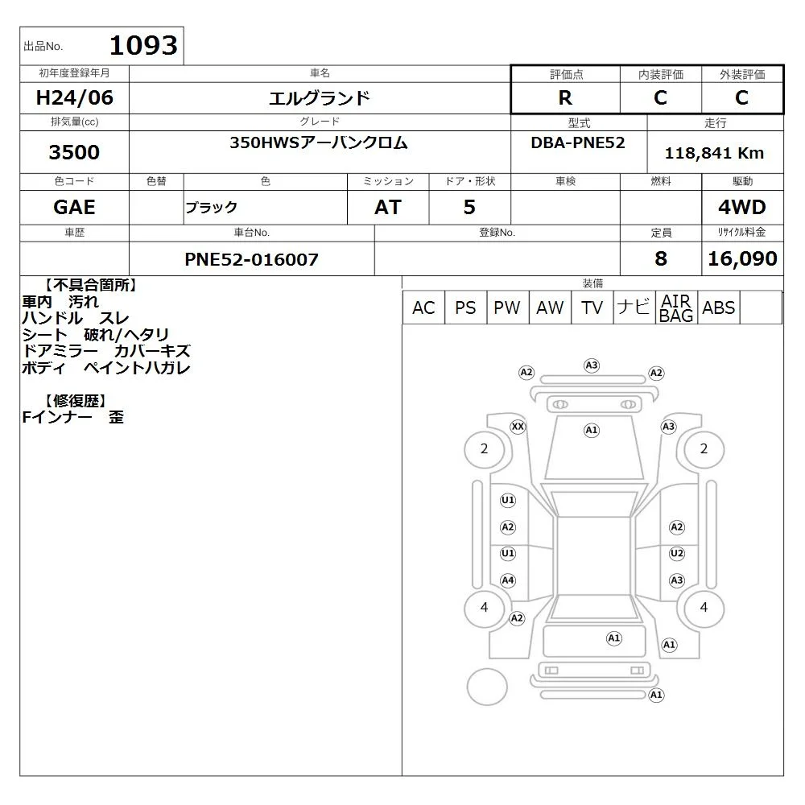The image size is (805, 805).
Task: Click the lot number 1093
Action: [x=143, y=45]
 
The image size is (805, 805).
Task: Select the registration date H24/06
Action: [x=74, y=97]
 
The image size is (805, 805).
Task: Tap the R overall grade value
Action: [x=565, y=97]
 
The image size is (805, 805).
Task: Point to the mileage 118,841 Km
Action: [x=714, y=153]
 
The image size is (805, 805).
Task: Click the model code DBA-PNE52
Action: [x=577, y=142]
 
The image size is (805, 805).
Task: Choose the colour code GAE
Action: [x=74, y=207]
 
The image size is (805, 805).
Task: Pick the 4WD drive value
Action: [x=742, y=207]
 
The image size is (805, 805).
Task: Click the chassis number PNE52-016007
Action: [x=251, y=259]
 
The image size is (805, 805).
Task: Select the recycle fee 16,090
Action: [x=742, y=258]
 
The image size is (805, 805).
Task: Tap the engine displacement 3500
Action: [x=74, y=152]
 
